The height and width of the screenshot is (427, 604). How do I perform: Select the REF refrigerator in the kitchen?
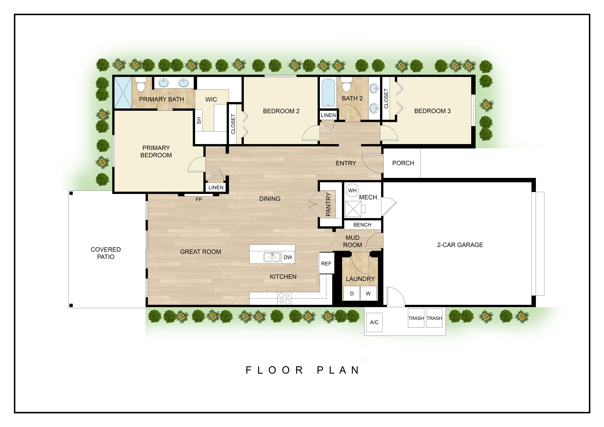click(x=326, y=263)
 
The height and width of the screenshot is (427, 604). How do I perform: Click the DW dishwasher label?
click(x=288, y=257)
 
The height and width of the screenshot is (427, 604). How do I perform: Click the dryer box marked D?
click(x=352, y=293)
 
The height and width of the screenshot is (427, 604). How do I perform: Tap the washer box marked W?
click(x=368, y=293)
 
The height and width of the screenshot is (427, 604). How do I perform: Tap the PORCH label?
click(x=403, y=163)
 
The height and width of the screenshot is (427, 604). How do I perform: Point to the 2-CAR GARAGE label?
click(x=460, y=245)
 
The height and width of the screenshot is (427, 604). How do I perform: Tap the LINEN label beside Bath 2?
click(x=328, y=115)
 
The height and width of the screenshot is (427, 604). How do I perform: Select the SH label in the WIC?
click(x=199, y=120)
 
